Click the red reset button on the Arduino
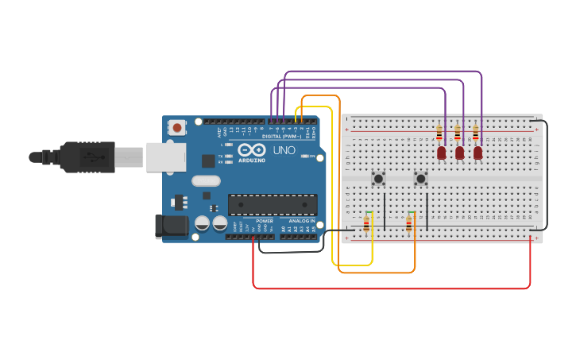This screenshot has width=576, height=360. [x=177, y=127]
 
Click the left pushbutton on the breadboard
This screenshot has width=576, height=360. [x=379, y=179]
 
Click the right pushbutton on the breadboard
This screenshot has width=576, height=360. [x=420, y=179]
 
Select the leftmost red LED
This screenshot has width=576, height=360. [x=442, y=152]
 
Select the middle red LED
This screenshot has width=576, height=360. [x=459, y=152]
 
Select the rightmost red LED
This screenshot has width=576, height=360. [x=477, y=152]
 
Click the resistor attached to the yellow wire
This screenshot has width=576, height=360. [x=366, y=225]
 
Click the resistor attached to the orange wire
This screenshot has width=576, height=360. [x=409, y=225]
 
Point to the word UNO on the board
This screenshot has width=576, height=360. [x=284, y=150]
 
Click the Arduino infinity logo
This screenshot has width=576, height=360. [x=252, y=149]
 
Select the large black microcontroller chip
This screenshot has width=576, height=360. [x=273, y=204]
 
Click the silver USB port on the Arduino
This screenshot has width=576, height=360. [x=166, y=157]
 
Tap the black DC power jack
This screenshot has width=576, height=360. [x=172, y=226]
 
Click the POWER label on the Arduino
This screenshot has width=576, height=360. [x=264, y=221]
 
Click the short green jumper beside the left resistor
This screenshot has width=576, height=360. [x=369, y=212]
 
